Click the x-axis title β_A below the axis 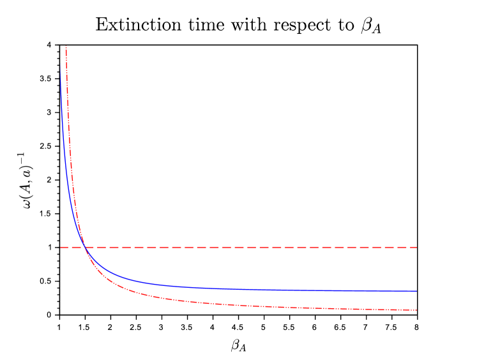[x=238, y=346]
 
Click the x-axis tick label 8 [x=416, y=327]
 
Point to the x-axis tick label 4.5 [x=238, y=327]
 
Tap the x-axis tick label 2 [x=110, y=327]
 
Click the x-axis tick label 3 [x=162, y=327]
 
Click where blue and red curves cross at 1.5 [x=85, y=247]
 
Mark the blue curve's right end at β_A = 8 [x=416, y=291]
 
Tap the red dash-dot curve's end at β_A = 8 [x=416, y=310]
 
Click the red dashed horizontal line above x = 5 [x=264, y=247]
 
